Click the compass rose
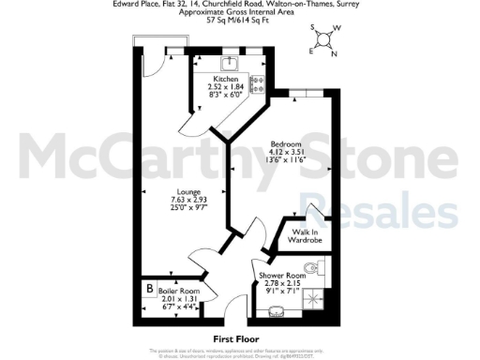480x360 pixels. click(x=322, y=38)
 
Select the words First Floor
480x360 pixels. click(x=236, y=337)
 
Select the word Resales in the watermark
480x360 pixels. click(x=404, y=214)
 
